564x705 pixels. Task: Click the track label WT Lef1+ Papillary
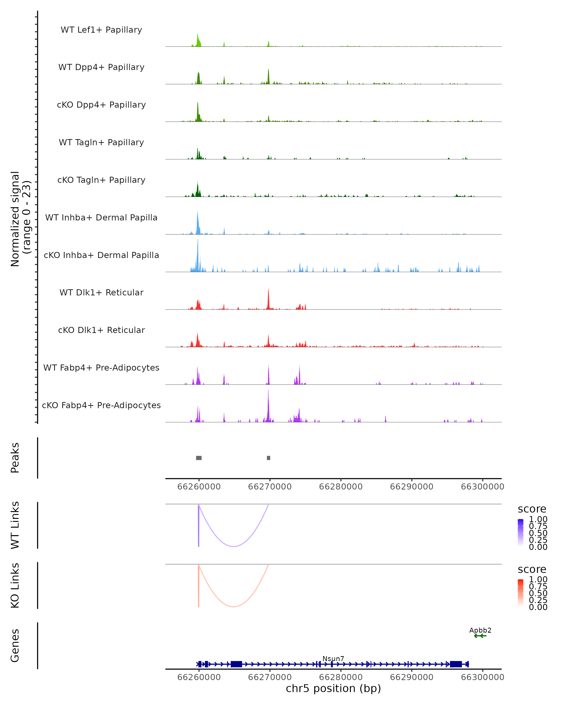[x=101, y=30]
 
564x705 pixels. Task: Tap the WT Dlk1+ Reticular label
[x=101, y=292]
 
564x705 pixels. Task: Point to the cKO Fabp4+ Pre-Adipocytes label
[x=101, y=405]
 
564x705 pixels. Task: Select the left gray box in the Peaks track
[x=199, y=458]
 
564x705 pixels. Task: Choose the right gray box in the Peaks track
[x=268, y=458]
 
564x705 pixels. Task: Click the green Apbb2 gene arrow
[x=480, y=636]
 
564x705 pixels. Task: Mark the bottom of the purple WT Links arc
[x=233, y=546]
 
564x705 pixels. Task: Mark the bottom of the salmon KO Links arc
[x=233, y=607]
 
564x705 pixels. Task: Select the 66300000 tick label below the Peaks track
[x=482, y=487]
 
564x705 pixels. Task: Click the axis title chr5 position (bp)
[x=333, y=689]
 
